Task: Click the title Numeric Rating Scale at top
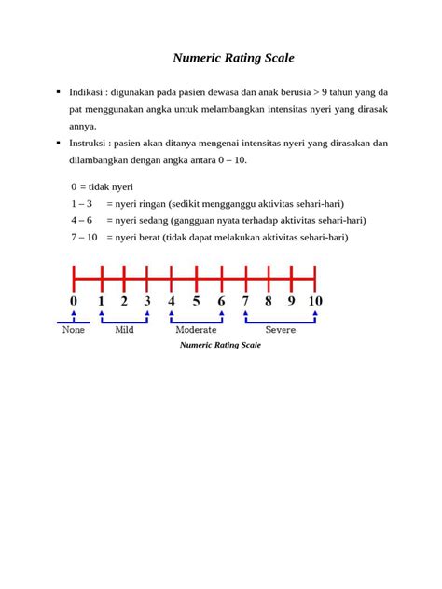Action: tap(233, 58)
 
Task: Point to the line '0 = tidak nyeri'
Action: tap(102, 186)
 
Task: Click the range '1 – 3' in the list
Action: tap(81, 203)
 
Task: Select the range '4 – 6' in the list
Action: tap(81, 220)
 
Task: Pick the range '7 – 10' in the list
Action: tap(84, 237)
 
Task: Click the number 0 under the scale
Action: tap(74, 301)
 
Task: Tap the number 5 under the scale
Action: tap(196, 301)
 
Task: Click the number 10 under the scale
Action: tap(315, 301)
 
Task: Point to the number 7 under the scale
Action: tap(245, 301)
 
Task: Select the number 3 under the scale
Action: tap(147, 301)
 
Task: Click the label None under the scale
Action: tap(73, 329)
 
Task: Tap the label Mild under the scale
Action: tap(124, 329)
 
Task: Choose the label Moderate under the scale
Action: tap(196, 329)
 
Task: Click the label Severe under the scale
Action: tap(280, 329)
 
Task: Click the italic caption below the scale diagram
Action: tap(220, 345)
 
